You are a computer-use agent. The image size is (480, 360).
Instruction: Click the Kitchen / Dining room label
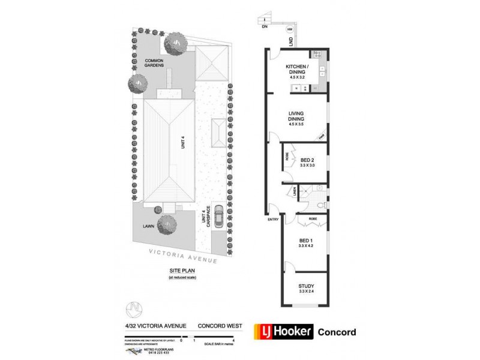[x=297, y=69]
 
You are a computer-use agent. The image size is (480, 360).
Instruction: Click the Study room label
[x=307, y=286]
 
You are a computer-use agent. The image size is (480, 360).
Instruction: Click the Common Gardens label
[x=153, y=62]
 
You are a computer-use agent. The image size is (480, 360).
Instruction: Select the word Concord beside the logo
[x=336, y=332]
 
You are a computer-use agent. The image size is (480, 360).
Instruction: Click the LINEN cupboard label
[x=295, y=191]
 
